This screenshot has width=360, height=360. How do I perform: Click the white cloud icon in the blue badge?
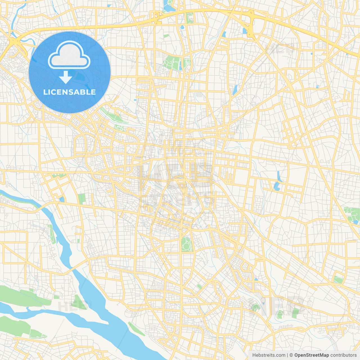coord(69,56)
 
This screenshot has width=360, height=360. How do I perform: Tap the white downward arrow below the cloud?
coord(66,77)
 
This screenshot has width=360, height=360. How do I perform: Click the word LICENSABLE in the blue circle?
coord(69,92)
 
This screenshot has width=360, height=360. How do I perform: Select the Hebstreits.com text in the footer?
coord(269,355)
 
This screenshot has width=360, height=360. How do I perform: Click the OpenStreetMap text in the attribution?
coord(311,355)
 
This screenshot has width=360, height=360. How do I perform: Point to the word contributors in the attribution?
coord(343,355)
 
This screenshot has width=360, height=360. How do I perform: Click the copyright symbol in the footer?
coord(291,355)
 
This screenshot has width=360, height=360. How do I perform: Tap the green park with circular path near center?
coord(186,244)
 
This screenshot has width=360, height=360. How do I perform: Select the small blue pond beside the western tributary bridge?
coord(62,199)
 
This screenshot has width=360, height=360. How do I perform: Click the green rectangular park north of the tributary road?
coord(82,199)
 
